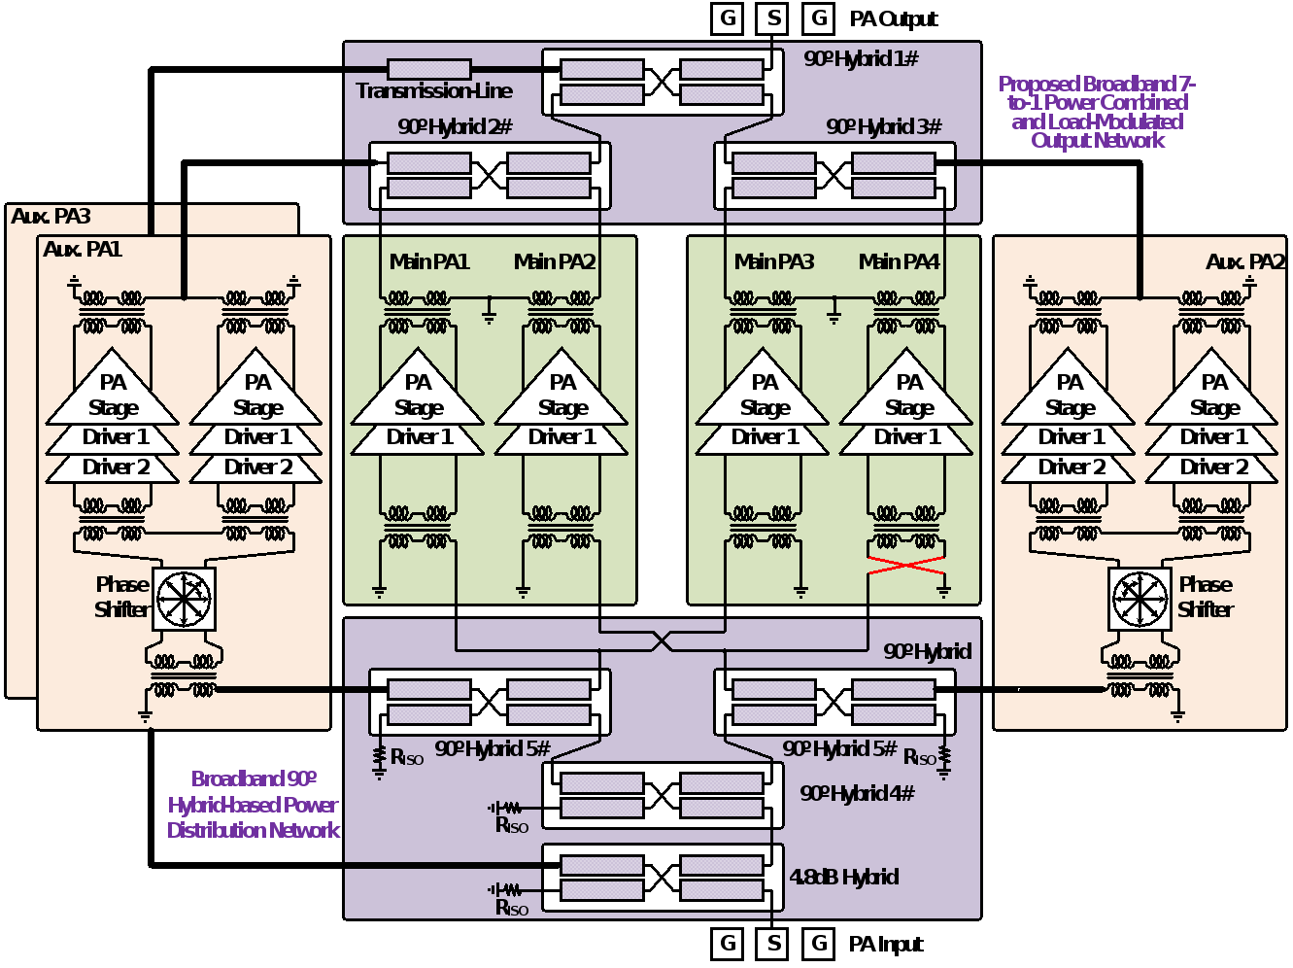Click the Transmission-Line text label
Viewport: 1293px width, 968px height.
433,91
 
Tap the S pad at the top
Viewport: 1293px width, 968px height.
772,17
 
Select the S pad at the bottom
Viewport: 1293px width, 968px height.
773,943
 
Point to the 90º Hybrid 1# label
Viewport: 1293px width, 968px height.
861,59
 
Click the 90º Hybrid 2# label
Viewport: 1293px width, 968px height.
455,127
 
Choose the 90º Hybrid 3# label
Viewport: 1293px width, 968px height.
884,127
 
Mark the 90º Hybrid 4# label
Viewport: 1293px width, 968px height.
857,794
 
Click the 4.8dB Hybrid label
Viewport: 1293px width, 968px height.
843,878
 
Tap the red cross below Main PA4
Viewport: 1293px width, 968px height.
906,566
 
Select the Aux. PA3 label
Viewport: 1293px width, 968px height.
51,217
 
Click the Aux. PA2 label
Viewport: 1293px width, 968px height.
1244,262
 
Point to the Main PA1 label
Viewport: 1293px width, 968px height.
429,261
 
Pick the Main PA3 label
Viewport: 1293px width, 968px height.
774,261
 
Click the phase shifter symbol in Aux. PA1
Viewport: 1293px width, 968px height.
184,598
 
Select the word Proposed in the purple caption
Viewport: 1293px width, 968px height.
1038,85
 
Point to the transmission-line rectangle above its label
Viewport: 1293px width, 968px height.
428,69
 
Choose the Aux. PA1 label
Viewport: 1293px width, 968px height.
83,250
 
